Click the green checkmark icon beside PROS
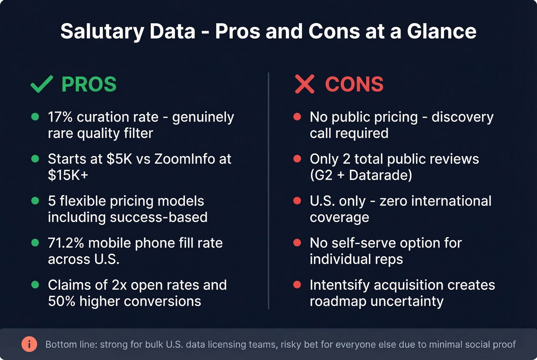[41, 84]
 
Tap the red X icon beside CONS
[305, 84]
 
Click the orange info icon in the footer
[29, 344]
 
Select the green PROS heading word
[89, 84]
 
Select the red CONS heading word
[354, 84]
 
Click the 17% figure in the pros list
[60, 117]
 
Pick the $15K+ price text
[68, 175]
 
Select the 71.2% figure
[66, 243]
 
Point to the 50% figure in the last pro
[61, 301]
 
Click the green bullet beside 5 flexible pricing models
[35, 201]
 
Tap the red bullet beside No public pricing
[297, 117]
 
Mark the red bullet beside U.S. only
[297, 201]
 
